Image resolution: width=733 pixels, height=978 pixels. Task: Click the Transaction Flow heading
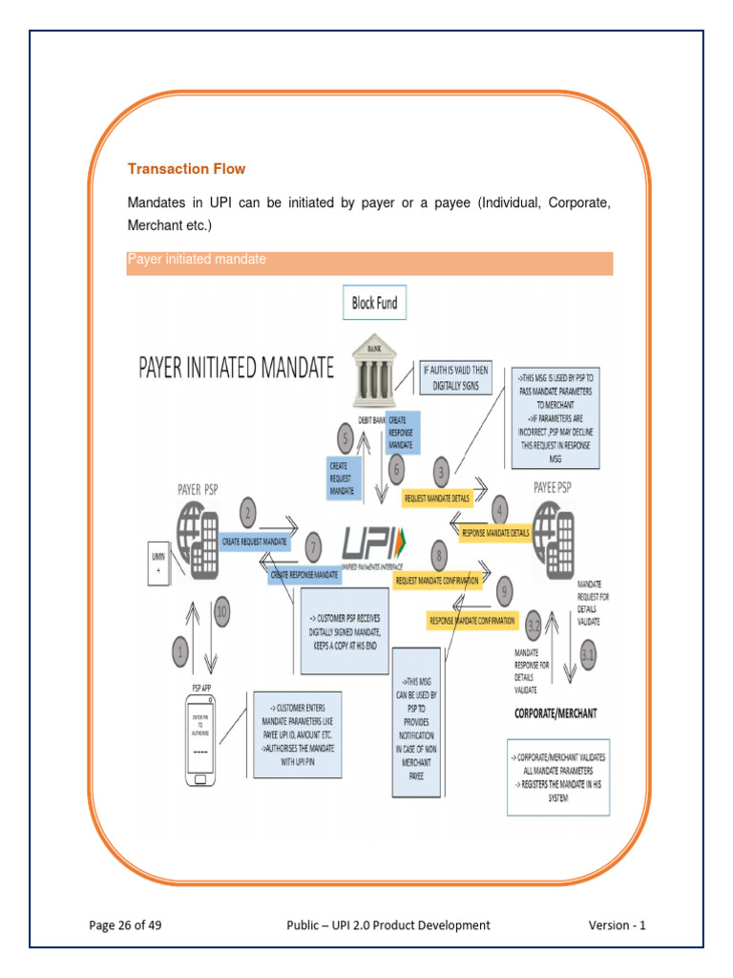tap(186, 169)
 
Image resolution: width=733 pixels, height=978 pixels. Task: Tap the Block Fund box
tap(374, 303)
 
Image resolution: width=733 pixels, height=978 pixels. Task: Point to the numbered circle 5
tap(346, 438)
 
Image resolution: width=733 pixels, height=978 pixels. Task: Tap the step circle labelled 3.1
tap(589, 656)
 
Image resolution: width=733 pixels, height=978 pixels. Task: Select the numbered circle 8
tap(439, 554)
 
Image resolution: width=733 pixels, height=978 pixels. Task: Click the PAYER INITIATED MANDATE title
tap(238, 368)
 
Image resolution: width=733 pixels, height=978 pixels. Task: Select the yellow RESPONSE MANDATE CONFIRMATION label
tap(472, 621)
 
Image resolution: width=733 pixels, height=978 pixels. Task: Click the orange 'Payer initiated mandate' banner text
tap(197, 260)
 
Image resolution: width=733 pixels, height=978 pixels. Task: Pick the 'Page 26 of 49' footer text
tap(131, 925)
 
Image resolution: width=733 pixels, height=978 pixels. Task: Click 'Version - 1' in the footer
tap(617, 925)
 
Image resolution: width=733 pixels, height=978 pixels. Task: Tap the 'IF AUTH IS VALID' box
tap(455, 379)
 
